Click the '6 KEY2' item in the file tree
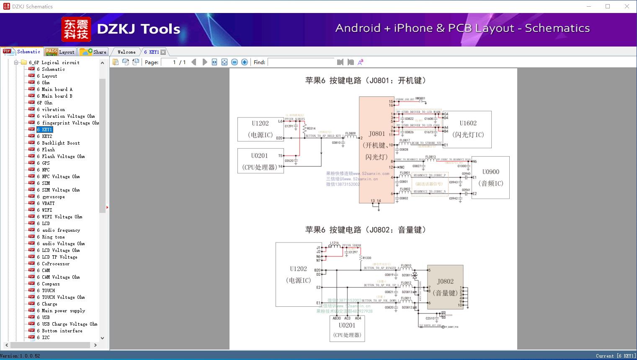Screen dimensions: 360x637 [47, 136]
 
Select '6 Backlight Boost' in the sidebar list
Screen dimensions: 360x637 [60, 143]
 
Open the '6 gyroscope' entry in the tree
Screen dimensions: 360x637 [53, 197]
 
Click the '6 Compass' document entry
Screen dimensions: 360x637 [51, 284]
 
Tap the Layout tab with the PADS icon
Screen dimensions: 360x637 [60, 52]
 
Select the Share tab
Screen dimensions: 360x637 [94, 52]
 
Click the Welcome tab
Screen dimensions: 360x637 [126, 52]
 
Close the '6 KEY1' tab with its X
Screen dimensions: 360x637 [163, 52]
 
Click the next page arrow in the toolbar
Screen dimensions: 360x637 [205, 62]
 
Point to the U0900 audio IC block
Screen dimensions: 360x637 [490, 177]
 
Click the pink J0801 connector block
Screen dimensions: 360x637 [377, 150]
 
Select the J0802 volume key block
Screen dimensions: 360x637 [445, 287]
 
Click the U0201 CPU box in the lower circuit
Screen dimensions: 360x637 [347, 329]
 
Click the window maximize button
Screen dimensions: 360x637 [608, 6]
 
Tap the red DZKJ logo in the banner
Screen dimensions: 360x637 [76, 29]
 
